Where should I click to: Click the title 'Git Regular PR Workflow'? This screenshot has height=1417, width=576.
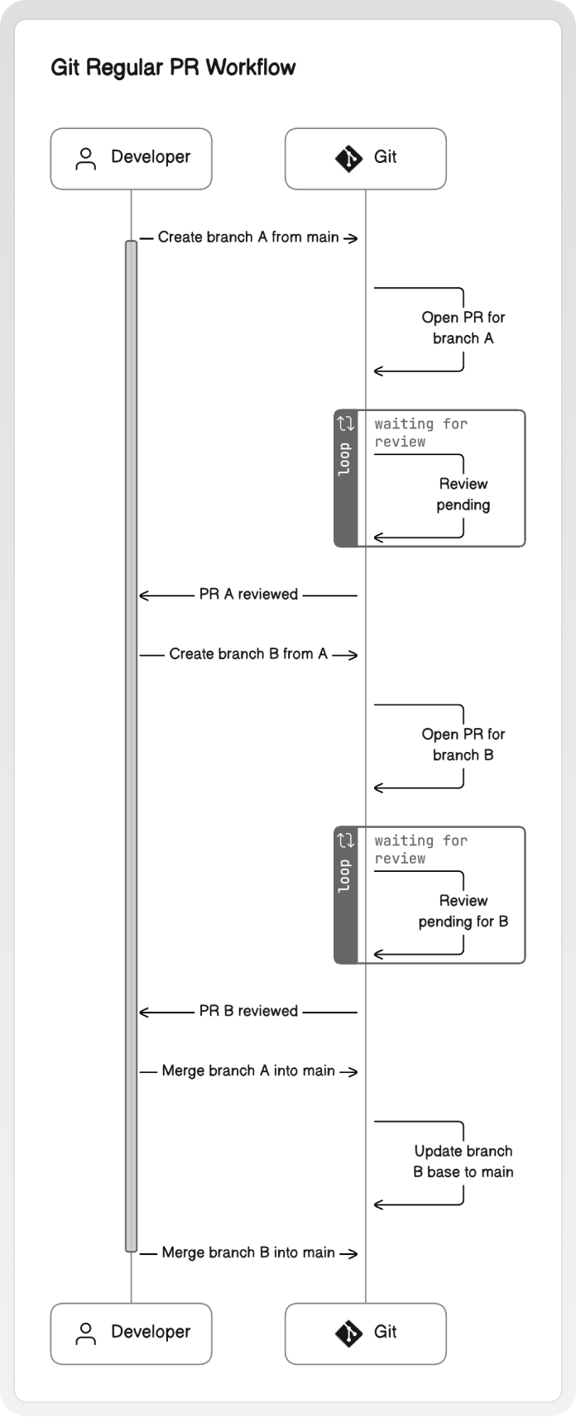click(173, 67)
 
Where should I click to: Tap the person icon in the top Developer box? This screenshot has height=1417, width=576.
click(85, 159)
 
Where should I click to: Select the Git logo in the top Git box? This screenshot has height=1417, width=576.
click(348, 159)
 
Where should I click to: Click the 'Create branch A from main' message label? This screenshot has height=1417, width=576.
click(248, 237)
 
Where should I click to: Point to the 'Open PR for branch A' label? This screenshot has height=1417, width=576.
click(463, 328)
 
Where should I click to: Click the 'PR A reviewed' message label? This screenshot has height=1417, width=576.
click(248, 595)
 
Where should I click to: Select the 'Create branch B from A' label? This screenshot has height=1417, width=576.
click(248, 654)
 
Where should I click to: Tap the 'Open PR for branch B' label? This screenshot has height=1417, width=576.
click(463, 744)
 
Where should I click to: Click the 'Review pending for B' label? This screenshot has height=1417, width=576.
click(463, 911)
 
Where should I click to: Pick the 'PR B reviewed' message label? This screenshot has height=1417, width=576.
click(248, 1011)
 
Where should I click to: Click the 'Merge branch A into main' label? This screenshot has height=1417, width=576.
click(248, 1071)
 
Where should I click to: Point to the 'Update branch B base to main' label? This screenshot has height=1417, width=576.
click(463, 1161)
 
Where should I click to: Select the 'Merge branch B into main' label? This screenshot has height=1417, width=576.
click(248, 1252)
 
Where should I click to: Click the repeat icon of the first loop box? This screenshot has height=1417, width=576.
click(346, 424)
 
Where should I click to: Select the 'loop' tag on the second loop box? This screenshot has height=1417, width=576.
click(345, 876)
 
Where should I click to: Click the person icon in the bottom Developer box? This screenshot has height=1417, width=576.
click(85, 1333)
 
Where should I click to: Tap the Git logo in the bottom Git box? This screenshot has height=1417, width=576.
click(348, 1333)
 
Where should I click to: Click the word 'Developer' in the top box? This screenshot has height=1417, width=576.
click(151, 157)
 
